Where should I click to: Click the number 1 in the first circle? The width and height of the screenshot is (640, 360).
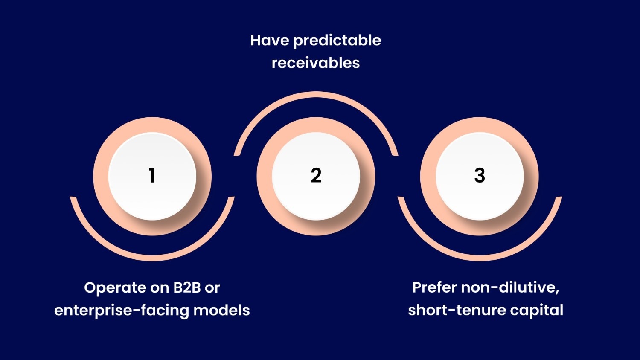152,175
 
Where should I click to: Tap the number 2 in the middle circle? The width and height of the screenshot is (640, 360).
316,175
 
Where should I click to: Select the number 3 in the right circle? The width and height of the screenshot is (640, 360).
480,175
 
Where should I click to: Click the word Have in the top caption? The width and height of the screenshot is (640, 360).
269,41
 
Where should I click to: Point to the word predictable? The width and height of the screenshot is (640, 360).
337,41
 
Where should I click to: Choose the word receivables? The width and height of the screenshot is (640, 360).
316,63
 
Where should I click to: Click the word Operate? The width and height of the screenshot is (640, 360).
112,288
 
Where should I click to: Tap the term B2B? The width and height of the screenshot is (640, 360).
187,288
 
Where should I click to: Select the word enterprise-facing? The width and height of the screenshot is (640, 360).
122,310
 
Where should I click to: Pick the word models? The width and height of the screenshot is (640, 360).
221,310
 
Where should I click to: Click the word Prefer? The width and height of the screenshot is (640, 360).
434,287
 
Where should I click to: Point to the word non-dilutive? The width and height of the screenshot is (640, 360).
510,287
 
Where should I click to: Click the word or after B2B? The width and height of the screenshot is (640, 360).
212,288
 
